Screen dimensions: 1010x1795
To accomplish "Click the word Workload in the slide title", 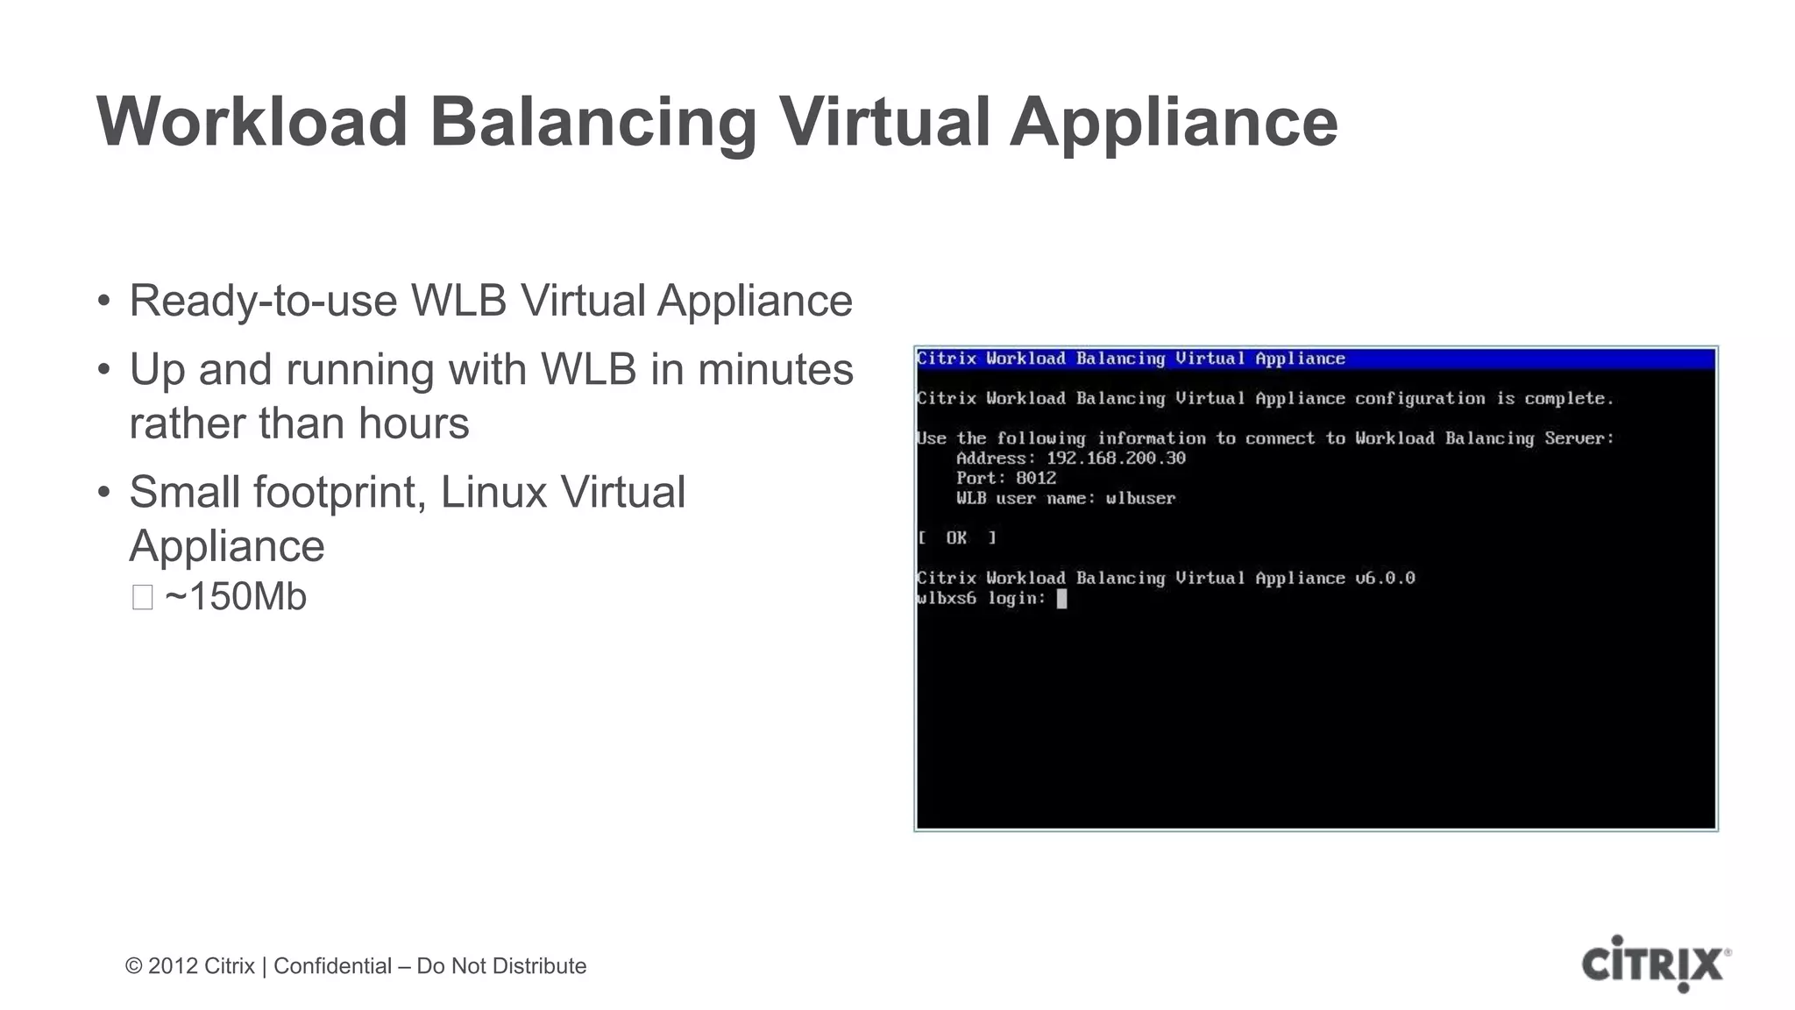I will pyautogui.click(x=252, y=122).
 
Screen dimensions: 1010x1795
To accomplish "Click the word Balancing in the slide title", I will pyautogui.click(x=593, y=122).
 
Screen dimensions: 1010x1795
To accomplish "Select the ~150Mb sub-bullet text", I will pyautogui.click(x=235, y=597).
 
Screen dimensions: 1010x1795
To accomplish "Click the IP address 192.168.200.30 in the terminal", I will pyautogui.click(x=1116, y=459).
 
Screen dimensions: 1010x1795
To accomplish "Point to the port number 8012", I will pyautogui.click(x=1036, y=479).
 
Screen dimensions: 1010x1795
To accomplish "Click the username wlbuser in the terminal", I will pyautogui.click(x=1140, y=499).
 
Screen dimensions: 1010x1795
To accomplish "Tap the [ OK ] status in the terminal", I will pyautogui.click(x=956, y=538).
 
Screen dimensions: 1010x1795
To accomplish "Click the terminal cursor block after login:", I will pyautogui.click(x=1061, y=599).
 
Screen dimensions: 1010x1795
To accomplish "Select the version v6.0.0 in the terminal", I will pyautogui.click(x=1385, y=579).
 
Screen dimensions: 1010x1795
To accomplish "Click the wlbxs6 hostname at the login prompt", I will pyautogui.click(x=946, y=599).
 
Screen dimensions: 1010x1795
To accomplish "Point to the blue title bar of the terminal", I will pyautogui.click(x=1315, y=359).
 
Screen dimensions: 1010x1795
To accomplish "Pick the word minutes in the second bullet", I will pyautogui.click(x=775, y=369).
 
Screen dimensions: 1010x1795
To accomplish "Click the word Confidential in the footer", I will pyautogui.click(x=332, y=966).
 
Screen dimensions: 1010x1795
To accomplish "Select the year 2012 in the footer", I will pyautogui.click(x=173, y=966).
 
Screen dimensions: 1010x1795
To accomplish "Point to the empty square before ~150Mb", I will pyautogui.click(x=142, y=598).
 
